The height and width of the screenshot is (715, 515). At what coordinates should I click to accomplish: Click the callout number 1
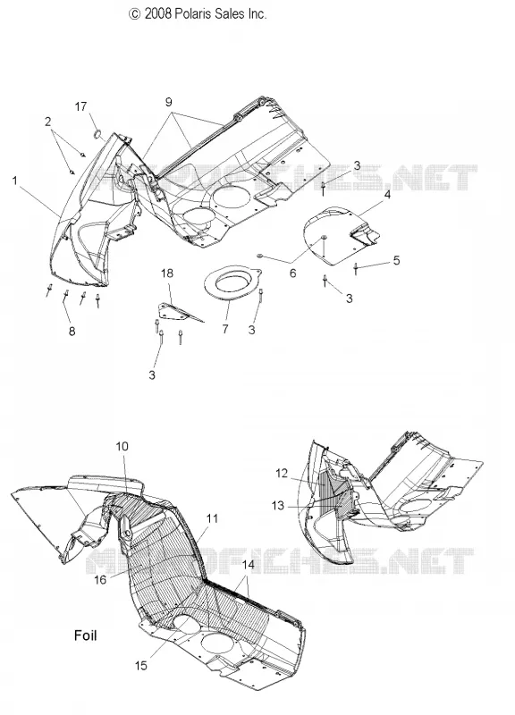point(14,181)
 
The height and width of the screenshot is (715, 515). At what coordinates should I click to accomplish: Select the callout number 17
point(80,106)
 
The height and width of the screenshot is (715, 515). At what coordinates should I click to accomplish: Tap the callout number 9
point(169,102)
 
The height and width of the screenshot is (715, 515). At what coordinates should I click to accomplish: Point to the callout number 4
point(387,195)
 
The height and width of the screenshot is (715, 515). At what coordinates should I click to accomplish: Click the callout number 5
point(396,260)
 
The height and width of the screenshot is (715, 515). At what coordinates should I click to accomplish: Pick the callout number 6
point(293,273)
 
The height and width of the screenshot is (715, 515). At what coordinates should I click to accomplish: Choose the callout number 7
point(225,328)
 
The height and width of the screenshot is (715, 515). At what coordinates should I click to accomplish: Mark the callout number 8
point(72,332)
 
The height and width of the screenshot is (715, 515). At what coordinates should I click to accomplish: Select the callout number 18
point(167,273)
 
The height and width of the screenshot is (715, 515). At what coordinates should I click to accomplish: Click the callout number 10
point(122,446)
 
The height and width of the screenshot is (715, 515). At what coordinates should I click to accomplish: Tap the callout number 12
point(282,474)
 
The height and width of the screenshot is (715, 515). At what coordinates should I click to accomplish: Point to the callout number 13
point(278,505)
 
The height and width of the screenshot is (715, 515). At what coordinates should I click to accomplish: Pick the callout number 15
point(141,665)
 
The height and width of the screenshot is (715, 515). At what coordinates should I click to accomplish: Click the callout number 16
point(100,579)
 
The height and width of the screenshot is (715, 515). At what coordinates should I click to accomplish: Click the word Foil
point(85,635)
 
